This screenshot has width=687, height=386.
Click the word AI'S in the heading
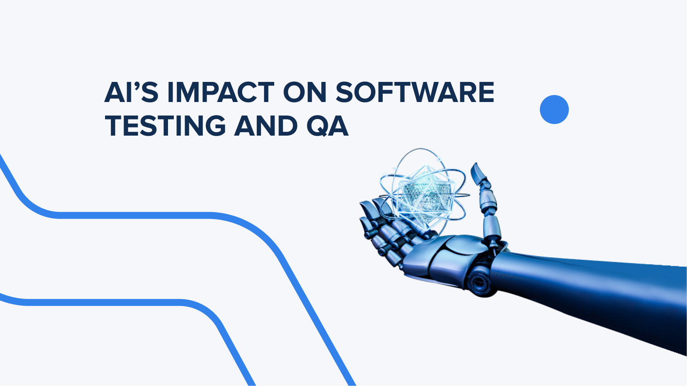pyautogui.click(x=131, y=93)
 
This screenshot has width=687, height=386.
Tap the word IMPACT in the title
pyautogui.click(x=221, y=93)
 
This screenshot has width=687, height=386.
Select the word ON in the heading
pyautogui.click(x=305, y=93)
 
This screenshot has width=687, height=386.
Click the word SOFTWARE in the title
pyautogui.click(x=415, y=93)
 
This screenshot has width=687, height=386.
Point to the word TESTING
pyautogui.click(x=165, y=126)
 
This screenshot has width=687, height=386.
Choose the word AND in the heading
pyautogui.click(x=266, y=126)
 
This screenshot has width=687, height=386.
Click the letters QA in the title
pyautogui.click(x=327, y=126)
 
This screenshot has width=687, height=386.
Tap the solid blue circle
pyautogui.click(x=554, y=109)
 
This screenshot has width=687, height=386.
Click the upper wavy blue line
pyautogui.click(x=154, y=215)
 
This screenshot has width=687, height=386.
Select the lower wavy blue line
pyautogui.click(x=116, y=302)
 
